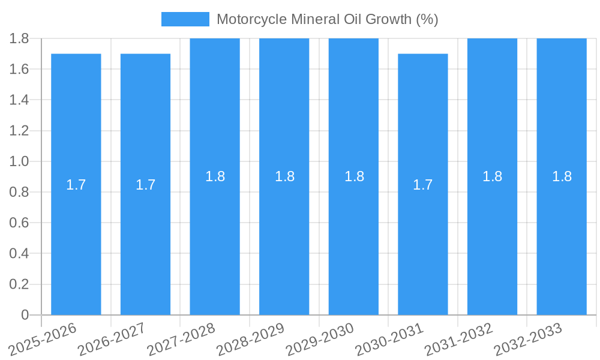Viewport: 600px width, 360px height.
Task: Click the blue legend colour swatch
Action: pyautogui.click(x=185, y=19)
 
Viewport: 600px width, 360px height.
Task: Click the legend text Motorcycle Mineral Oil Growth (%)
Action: pyautogui.click(x=327, y=19)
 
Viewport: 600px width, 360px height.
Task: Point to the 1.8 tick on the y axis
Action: pyautogui.click(x=19, y=38)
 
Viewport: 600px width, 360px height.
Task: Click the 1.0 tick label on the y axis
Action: pyautogui.click(x=19, y=161)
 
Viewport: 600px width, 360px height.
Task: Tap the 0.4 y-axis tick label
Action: pyautogui.click(x=19, y=254)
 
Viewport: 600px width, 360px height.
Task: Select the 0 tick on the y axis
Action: pyautogui.click(x=25, y=315)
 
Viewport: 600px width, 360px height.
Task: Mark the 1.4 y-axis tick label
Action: pyautogui.click(x=19, y=100)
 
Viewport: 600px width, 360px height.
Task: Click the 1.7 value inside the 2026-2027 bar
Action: pyautogui.click(x=146, y=185)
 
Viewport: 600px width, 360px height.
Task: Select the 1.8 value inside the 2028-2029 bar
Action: pyautogui.click(x=284, y=176)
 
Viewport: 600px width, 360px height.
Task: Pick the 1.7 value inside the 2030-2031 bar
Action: pyautogui.click(x=423, y=185)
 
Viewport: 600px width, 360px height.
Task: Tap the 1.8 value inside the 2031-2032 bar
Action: pyautogui.click(x=493, y=176)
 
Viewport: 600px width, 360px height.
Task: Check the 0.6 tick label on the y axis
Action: pyautogui.click(x=19, y=223)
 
